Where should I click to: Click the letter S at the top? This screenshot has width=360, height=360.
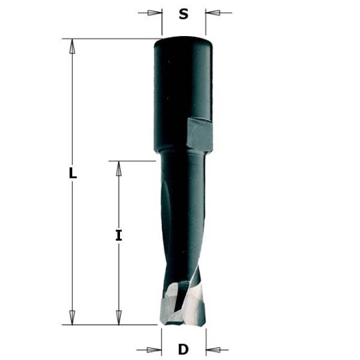[x=183, y=13]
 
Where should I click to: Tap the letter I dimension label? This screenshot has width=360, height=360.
[x=118, y=235]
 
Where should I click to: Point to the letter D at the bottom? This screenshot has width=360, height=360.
[x=183, y=348]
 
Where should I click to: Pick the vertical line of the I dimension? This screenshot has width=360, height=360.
[x=119, y=207]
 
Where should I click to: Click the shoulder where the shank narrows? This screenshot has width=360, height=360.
[x=183, y=155]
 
